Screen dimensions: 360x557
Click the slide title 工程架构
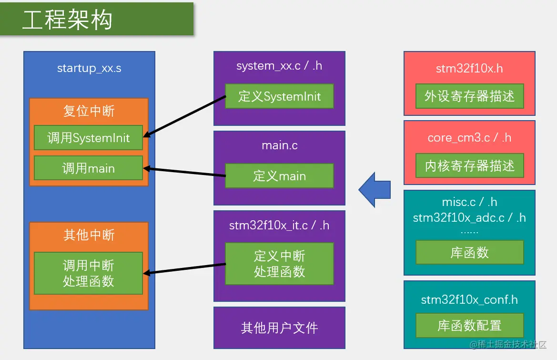[x=67, y=21]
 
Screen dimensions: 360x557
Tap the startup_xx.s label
[x=89, y=68]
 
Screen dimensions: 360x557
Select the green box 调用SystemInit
[x=89, y=138]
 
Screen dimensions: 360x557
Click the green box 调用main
[x=89, y=168]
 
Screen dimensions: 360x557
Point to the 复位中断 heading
[x=89, y=111]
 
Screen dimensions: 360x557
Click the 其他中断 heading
[x=89, y=235]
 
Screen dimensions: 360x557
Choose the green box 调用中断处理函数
[x=89, y=273]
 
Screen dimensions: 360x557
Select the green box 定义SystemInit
[x=279, y=96]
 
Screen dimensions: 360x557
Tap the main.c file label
[x=280, y=145]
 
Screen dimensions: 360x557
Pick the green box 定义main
[x=279, y=176]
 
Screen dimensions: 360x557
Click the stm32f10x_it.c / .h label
[x=279, y=225]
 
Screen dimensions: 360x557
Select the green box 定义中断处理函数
[x=279, y=264]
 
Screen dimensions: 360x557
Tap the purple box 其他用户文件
[x=279, y=328]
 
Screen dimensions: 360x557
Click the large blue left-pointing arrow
[x=375, y=189]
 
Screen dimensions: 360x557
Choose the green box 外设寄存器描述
[x=469, y=96]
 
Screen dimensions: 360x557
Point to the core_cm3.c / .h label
[x=469, y=138]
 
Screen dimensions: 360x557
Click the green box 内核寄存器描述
[x=469, y=166]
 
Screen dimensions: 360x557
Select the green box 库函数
[x=469, y=252]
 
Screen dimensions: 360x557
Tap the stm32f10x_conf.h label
[x=469, y=300]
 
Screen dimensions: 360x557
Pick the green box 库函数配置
[x=469, y=326]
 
